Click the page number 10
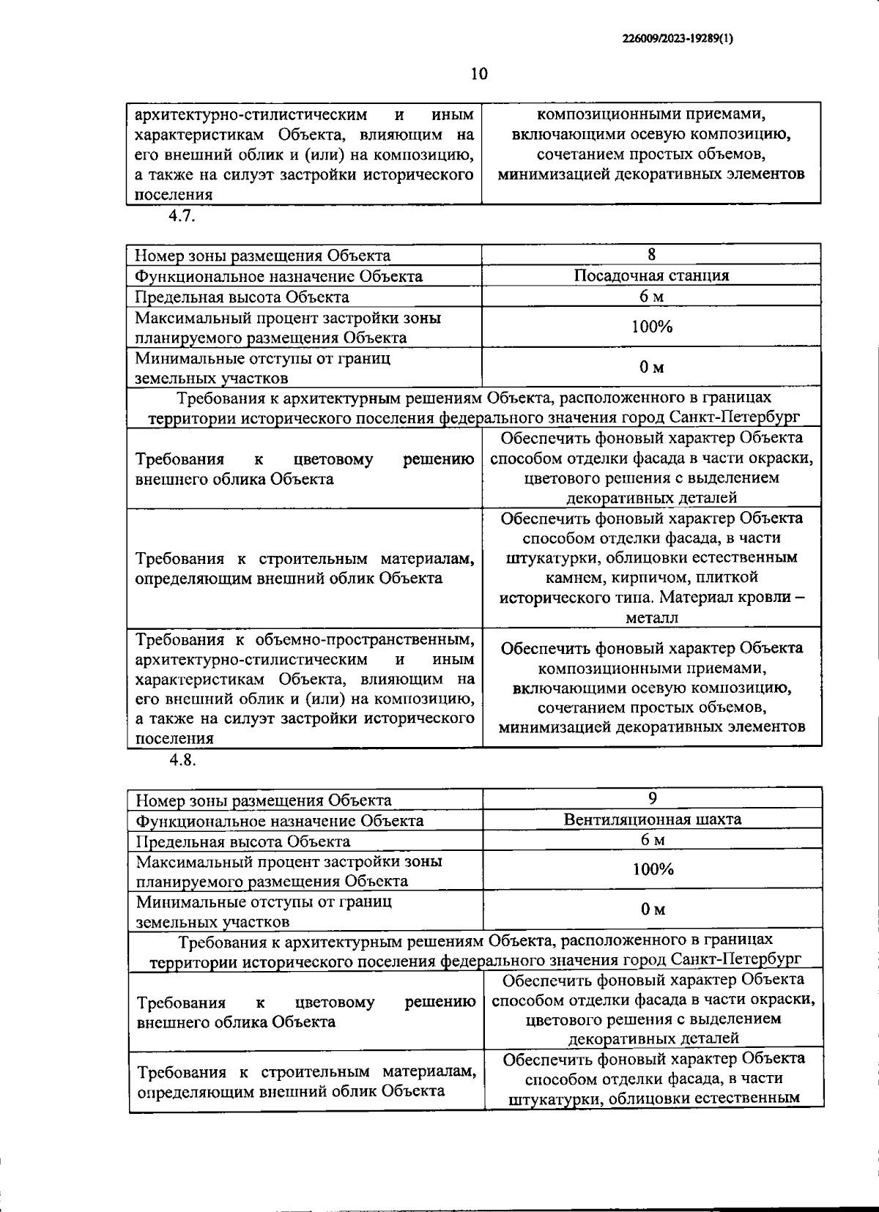478,74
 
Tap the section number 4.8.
182,759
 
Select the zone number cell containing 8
651,255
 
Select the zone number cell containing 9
653,799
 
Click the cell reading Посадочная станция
651,276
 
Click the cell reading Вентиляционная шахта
653,819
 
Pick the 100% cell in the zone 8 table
652,327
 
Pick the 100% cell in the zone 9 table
653,869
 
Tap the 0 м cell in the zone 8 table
652,368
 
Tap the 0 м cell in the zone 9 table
653,910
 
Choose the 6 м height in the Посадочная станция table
651,297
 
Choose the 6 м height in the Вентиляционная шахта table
653,840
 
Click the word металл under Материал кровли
652,618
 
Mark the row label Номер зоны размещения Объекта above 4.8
263,256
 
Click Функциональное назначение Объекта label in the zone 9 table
280,821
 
